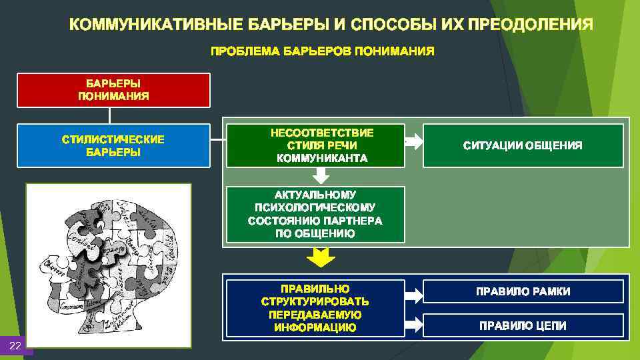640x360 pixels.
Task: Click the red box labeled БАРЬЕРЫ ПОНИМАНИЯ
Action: (x=113, y=90)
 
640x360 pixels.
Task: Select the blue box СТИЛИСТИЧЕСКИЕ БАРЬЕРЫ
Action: (x=113, y=145)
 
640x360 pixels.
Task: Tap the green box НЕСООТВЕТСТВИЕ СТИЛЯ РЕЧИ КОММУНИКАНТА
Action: (x=315, y=145)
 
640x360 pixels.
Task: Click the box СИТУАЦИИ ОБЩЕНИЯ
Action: (x=523, y=145)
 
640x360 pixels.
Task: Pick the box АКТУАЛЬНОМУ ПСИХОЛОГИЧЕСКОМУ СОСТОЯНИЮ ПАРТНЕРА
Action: (x=315, y=214)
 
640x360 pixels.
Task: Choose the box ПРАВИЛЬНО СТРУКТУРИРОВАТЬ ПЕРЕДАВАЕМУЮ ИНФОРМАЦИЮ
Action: (x=315, y=307)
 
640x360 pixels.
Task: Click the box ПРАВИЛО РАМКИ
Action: (x=523, y=291)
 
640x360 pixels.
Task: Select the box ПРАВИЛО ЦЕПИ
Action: (x=523, y=325)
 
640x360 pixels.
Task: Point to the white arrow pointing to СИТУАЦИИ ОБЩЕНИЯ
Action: (x=413, y=141)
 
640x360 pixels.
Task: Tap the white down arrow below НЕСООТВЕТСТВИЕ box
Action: (x=321, y=175)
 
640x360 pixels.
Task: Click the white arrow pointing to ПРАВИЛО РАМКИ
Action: (x=413, y=291)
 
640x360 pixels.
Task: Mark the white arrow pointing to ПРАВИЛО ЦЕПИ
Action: (x=413, y=325)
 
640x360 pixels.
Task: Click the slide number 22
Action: (x=15, y=345)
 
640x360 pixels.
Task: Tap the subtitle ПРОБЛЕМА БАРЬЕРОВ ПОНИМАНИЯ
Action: (x=322, y=51)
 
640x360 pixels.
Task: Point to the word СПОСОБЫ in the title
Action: (x=394, y=25)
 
